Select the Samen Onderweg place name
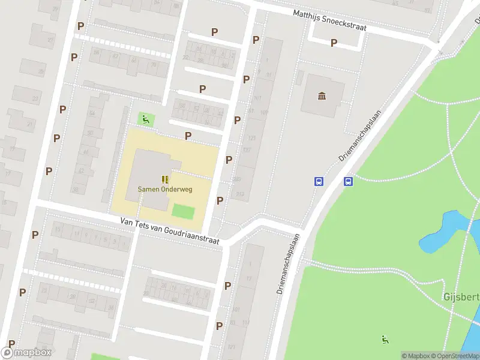[165, 189]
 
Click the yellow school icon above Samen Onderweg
[165, 179]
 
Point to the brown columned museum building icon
[322, 96]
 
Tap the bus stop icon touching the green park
[348, 181]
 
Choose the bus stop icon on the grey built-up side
[319, 181]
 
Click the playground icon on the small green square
[145, 119]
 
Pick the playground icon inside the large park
[385, 340]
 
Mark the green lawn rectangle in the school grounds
[184, 211]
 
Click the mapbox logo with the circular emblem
[26, 353]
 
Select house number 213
[240, 194]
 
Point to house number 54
[92, 113]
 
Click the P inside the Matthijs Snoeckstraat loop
[334, 43]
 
